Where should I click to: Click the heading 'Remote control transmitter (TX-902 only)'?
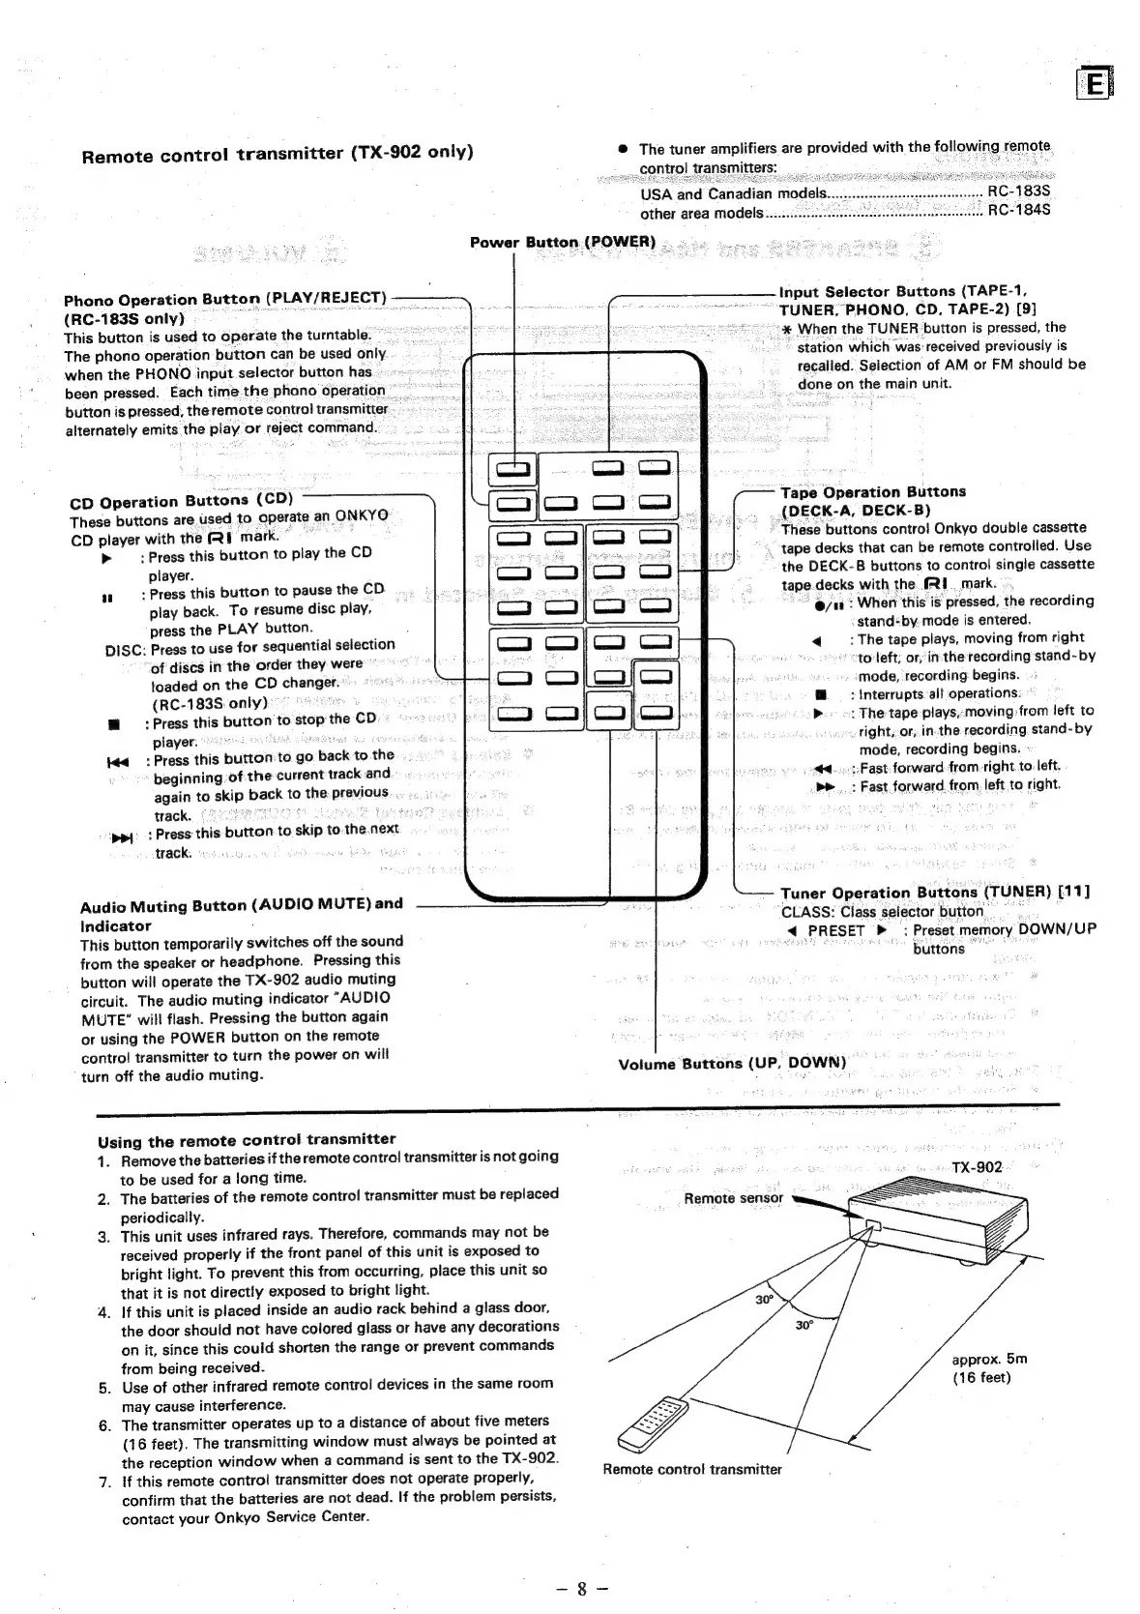[x=278, y=154]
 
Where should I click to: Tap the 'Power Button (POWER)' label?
[x=563, y=241]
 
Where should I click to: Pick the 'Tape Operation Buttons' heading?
[x=873, y=492]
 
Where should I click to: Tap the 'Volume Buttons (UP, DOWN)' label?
[x=732, y=1064]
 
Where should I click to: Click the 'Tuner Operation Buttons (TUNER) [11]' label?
[x=935, y=892]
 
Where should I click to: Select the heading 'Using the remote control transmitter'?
[x=247, y=1139]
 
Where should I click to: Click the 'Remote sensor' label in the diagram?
[x=733, y=1198]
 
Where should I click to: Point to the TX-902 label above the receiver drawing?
[x=977, y=1167]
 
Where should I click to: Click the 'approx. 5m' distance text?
[x=989, y=1359]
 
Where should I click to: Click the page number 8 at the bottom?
[x=581, y=1588]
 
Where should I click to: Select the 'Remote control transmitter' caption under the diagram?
[x=692, y=1470]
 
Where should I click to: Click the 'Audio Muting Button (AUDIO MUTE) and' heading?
[x=241, y=905]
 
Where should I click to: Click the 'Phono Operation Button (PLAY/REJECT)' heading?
[x=224, y=299]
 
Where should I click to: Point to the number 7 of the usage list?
[x=103, y=1480]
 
